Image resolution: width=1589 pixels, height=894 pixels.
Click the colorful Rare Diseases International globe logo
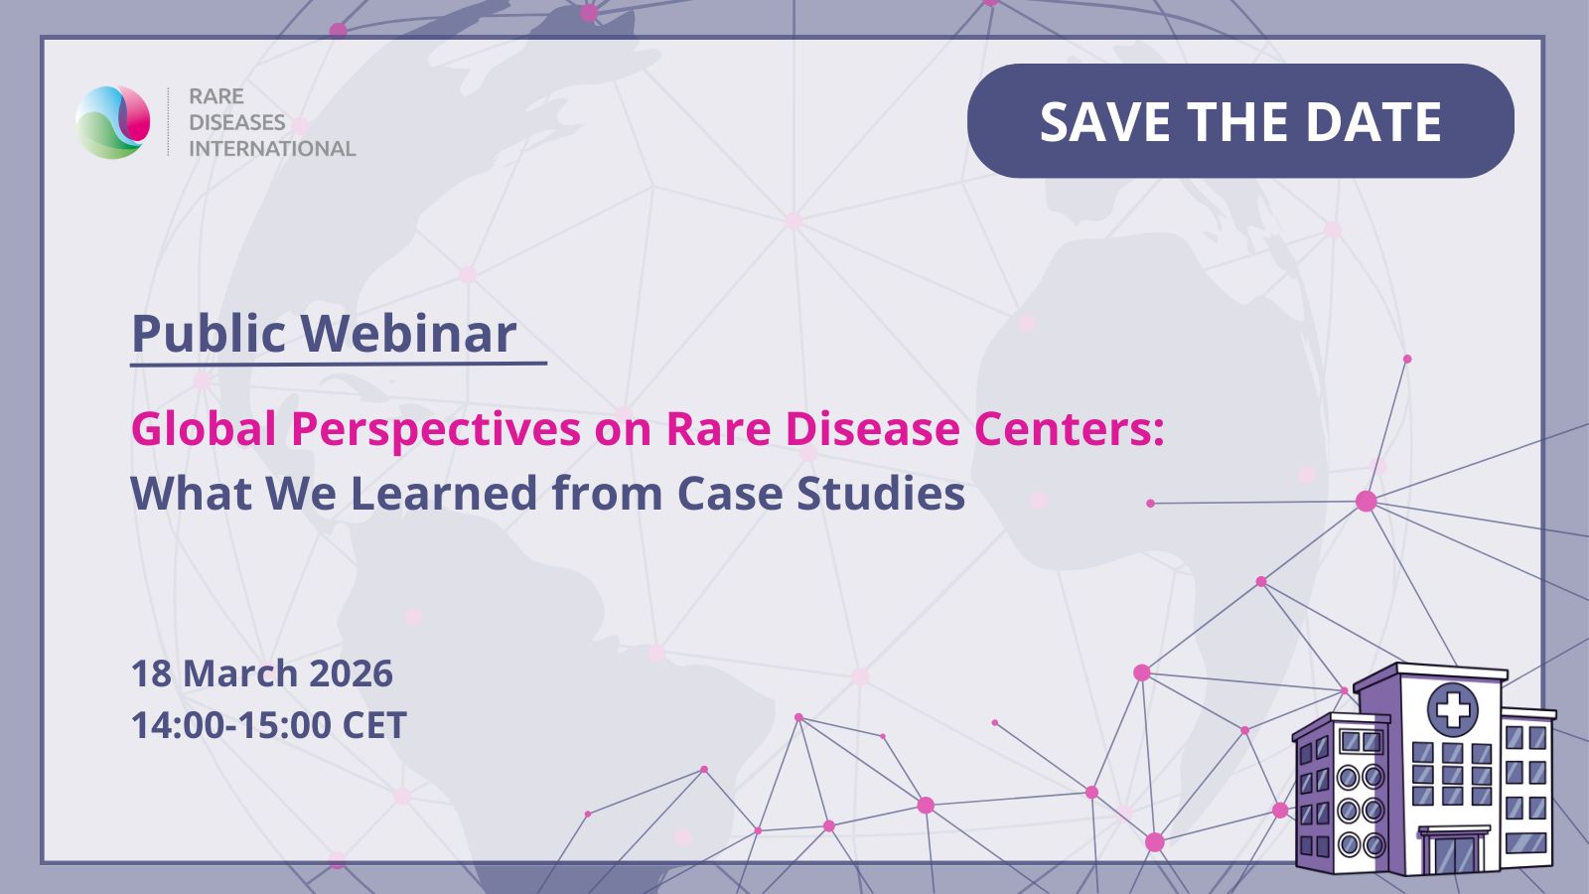click(x=113, y=122)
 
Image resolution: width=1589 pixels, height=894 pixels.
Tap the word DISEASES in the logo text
click(x=237, y=123)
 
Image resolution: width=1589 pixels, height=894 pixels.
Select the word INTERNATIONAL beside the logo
click(x=272, y=149)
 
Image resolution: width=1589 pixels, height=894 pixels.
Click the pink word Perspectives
click(x=436, y=430)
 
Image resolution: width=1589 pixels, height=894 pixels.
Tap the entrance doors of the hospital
click(x=1453, y=854)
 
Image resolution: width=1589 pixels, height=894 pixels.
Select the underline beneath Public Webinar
click(x=339, y=364)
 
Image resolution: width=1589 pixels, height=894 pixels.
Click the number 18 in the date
click(x=151, y=672)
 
